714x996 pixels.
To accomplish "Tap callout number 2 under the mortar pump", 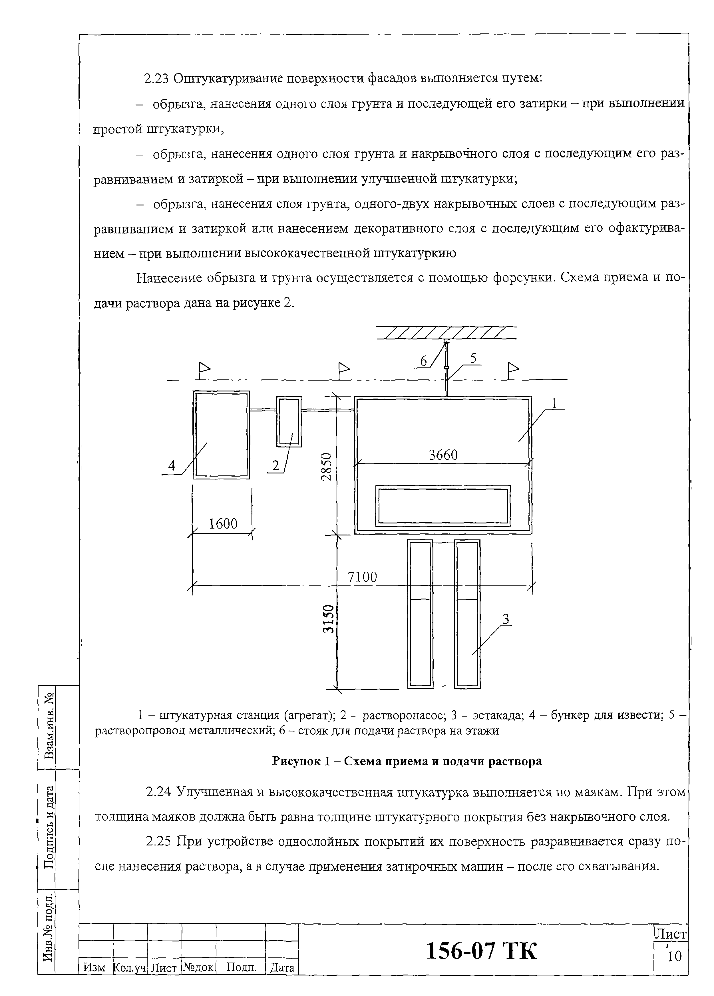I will (275, 465).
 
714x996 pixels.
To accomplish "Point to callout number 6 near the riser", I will (423, 361).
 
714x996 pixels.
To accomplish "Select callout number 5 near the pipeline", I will (473, 358).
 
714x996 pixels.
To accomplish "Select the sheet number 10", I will (674, 956).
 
